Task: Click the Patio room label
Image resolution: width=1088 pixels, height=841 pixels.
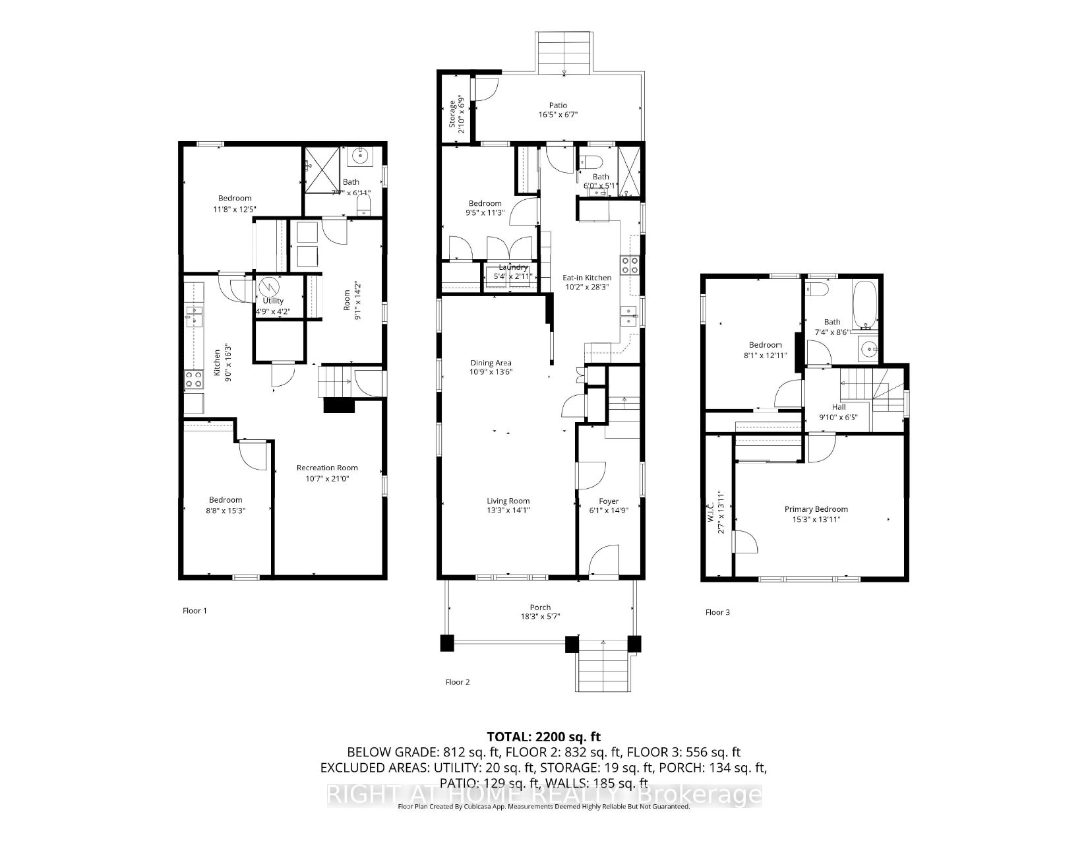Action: tap(559, 105)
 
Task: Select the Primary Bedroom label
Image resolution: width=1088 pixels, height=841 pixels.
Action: tap(816, 509)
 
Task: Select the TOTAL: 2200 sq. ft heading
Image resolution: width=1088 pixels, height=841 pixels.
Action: tap(544, 736)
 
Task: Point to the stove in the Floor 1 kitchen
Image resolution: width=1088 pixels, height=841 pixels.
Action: tap(193, 379)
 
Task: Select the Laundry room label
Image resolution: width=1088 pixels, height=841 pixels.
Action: tap(513, 267)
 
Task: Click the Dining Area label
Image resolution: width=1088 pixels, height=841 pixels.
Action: tap(491, 363)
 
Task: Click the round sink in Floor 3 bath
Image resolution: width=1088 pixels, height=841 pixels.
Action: tap(869, 349)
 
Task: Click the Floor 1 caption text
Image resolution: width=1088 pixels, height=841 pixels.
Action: tap(195, 611)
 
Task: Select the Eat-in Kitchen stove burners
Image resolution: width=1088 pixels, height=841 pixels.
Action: tap(626, 265)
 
